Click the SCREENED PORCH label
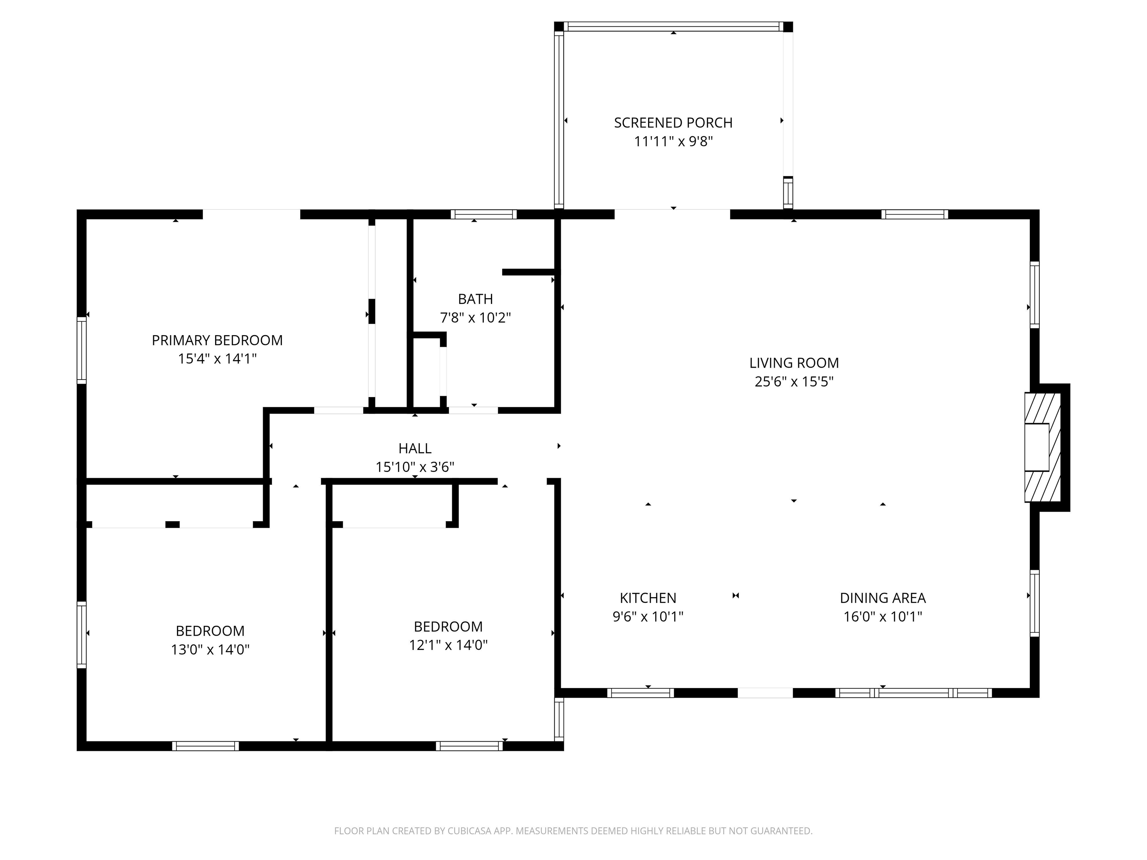coord(673,123)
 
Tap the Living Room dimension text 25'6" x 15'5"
coord(794,381)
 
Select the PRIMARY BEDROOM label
coord(217,340)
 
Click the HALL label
coord(415,448)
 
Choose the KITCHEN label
coord(648,598)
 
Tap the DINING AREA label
coord(883,598)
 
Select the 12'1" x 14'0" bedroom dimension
coord(448,645)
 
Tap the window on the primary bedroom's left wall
coord(81,350)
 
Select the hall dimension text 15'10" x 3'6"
coord(415,467)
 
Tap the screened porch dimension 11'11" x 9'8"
coord(674,141)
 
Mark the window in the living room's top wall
coord(915,214)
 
